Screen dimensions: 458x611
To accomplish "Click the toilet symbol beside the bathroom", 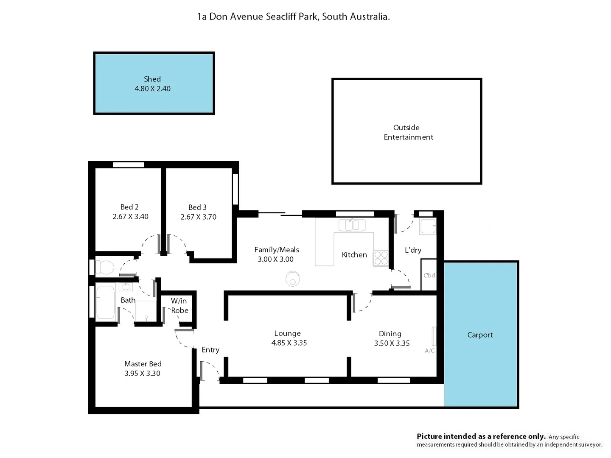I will tap(105, 268).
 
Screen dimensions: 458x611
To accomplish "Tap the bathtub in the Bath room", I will tap(106, 303).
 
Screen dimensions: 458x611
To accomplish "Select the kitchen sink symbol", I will tap(352, 225).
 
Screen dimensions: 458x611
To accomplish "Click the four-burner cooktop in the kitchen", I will tap(381, 258).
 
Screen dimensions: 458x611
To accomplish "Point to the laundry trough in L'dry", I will tap(427, 226).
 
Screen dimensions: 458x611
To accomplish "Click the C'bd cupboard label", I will tap(429, 275).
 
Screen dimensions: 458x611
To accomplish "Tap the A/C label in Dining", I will tap(429, 351).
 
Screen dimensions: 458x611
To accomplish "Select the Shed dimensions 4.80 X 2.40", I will tap(152, 89).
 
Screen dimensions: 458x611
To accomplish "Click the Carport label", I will tap(480, 335).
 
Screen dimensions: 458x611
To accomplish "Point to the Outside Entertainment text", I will tap(408, 132).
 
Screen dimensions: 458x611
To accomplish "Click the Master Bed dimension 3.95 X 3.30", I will tap(142, 373).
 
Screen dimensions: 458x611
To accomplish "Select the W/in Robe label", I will tap(179, 305).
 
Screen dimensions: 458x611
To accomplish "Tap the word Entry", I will tap(210, 349).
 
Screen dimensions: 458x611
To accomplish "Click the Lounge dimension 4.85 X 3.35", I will tap(289, 343).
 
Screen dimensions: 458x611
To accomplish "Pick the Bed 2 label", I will tap(129, 207).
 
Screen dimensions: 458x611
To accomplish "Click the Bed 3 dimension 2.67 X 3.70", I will tap(198, 217).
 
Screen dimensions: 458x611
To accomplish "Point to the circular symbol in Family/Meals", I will tap(292, 279).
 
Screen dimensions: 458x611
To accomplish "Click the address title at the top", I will tap(293, 17).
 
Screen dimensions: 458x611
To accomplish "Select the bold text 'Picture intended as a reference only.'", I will tap(481, 436).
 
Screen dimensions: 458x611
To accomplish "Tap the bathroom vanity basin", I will tap(126, 287).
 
